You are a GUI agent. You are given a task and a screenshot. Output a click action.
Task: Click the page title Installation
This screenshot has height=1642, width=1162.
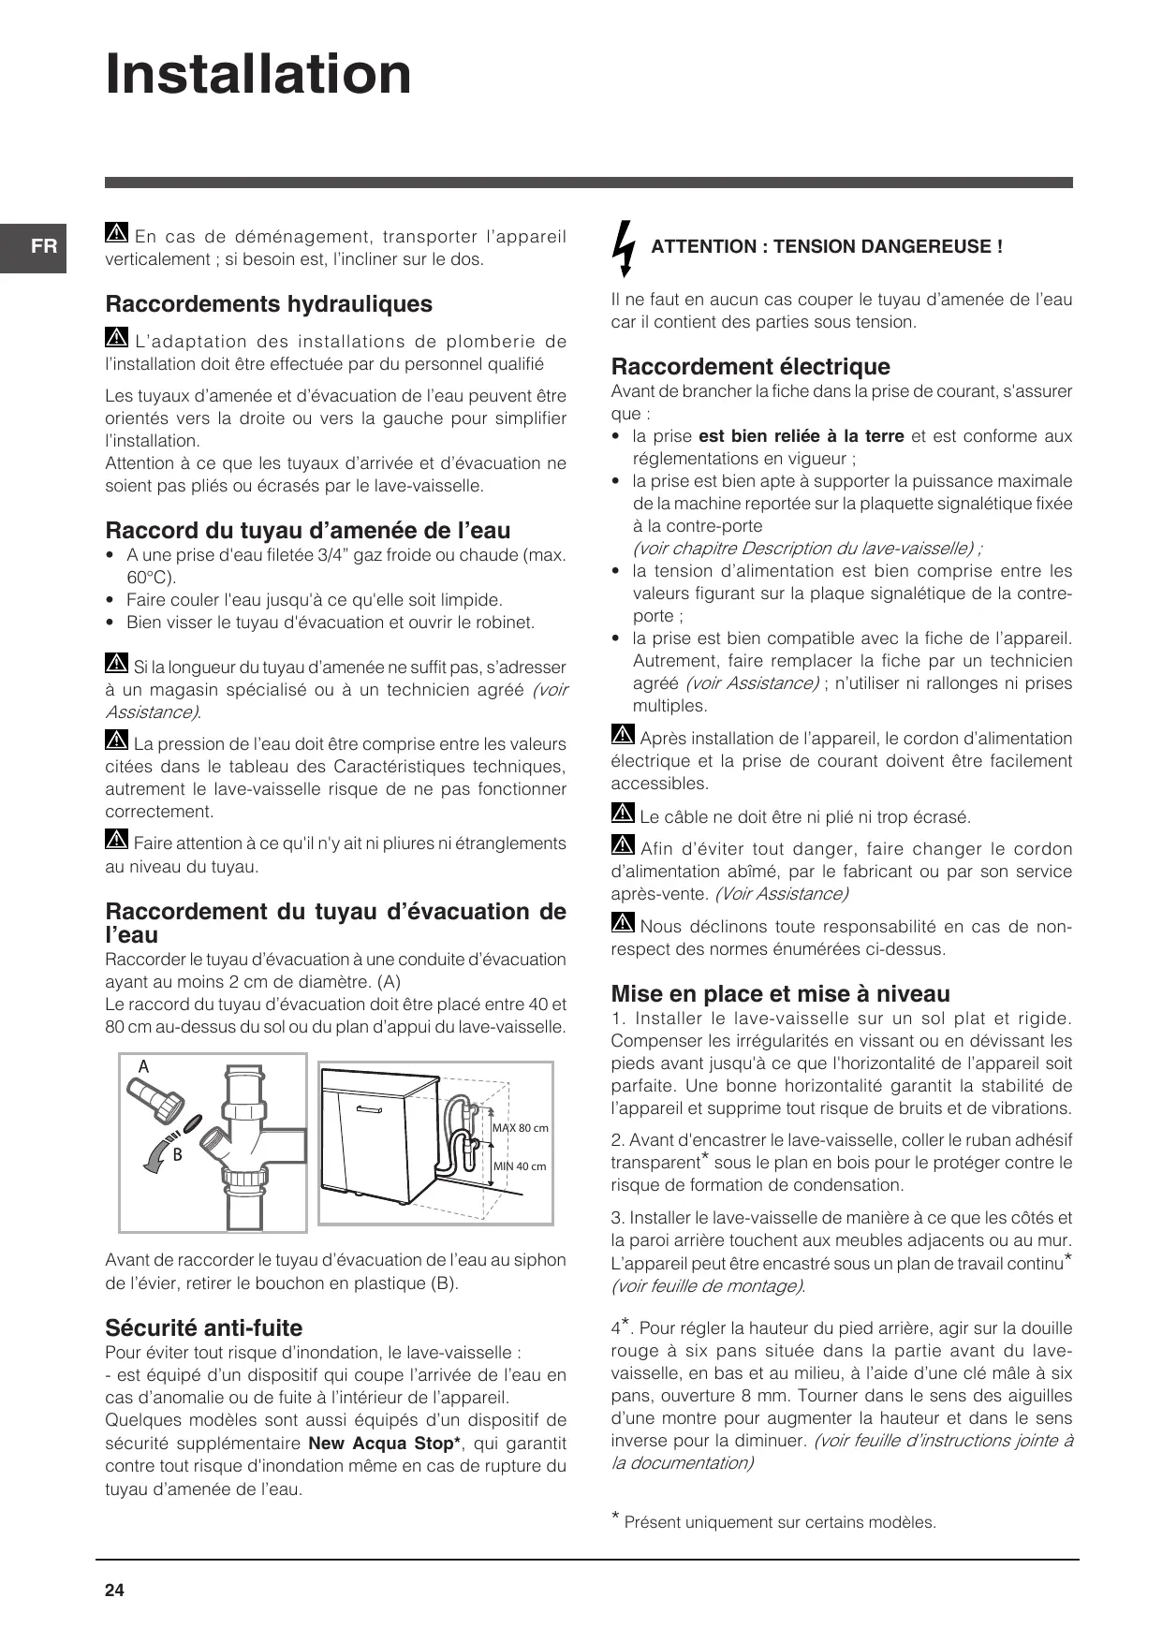coord(258,74)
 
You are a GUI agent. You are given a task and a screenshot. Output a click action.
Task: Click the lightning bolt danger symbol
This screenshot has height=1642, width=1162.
coord(623,248)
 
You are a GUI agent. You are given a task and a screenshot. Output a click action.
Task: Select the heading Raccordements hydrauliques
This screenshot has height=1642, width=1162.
coord(269,304)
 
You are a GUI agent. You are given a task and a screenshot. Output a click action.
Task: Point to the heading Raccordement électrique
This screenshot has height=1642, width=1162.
coord(750,367)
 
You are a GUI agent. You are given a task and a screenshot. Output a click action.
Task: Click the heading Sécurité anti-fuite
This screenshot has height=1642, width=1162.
coord(203,1327)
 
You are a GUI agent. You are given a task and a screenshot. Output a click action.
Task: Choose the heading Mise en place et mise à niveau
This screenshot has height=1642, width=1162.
coord(780,994)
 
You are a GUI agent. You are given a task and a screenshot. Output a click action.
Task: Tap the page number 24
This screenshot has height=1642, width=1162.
coord(114,1591)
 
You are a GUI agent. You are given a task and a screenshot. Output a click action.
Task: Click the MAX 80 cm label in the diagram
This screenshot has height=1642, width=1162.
coord(521,1128)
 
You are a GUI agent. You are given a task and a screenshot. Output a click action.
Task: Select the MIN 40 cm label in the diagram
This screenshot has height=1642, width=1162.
coord(520,1166)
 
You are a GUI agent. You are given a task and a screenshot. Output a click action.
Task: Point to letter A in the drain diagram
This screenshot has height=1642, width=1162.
coord(143,1066)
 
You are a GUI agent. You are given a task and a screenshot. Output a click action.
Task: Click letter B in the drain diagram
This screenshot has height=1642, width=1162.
coord(177,1155)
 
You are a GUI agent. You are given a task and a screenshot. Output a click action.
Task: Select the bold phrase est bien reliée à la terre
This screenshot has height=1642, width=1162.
coord(801,436)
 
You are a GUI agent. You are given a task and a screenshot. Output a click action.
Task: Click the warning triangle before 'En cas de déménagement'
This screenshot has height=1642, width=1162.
coord(116,235)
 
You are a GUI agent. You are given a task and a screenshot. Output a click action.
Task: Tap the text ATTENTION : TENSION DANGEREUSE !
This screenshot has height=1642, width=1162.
coord(827,247)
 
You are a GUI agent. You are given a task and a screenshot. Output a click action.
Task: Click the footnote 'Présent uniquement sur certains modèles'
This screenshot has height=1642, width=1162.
coord(779,1522)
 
